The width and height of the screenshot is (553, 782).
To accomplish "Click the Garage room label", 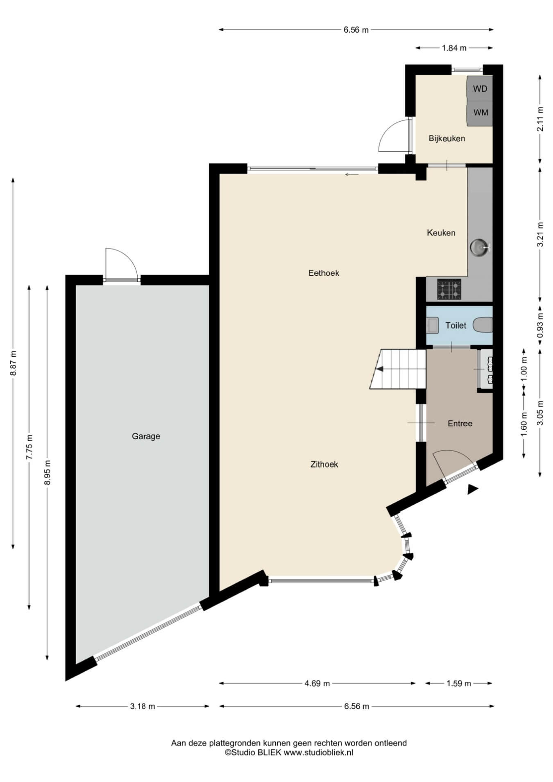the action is [x=146, y=436].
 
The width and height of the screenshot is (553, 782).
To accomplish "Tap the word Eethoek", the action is [x=324, y=273].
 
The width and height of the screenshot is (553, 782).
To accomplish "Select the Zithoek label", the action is [x=324, y=464].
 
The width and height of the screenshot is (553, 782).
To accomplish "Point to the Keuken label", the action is [x=441, y=233].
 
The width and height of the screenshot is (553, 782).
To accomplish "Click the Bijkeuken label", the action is [x=447, y=138].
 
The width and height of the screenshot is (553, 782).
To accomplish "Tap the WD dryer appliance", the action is [x=480, y=88].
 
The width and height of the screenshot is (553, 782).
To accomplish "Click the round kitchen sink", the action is [x=479, y=247].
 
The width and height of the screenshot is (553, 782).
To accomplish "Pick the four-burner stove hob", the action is [x=449, y=289].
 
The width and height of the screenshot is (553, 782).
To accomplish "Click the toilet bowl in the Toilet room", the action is [x=483, y=325].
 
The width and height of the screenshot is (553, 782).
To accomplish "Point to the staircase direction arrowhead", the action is [x=379, y=369].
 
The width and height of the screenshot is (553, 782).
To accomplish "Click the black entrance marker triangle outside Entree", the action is [x=473, y=489].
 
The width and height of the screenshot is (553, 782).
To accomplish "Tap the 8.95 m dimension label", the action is [x=48, y=472].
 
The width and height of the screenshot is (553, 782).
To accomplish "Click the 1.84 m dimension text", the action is [x=454, y=48].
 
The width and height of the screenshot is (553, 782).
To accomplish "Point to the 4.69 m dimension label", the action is [x=317, y=683].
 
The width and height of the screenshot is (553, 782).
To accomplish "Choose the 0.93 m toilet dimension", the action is [x=540, y=326].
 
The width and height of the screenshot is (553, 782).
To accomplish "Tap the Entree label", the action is [x=460, y=424].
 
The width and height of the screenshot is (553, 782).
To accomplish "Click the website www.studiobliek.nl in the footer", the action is [x=318, y=752].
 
